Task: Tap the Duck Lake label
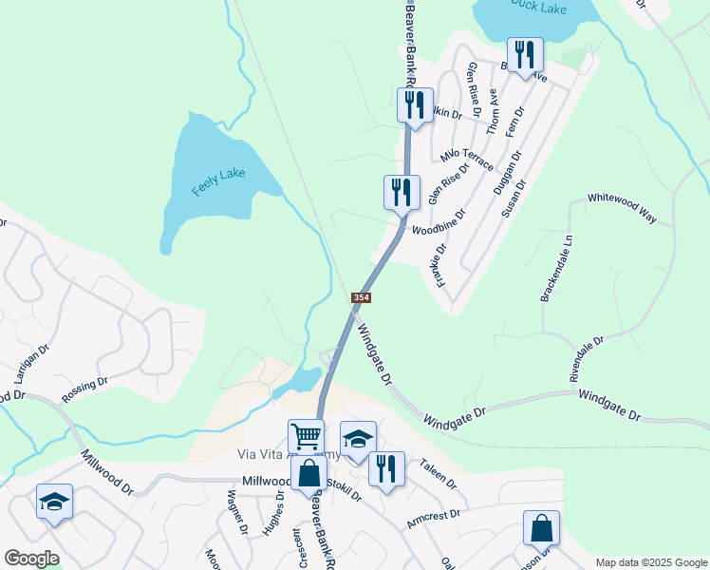point(535,7)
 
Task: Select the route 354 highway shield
point(361,297)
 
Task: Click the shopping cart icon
point(306,438)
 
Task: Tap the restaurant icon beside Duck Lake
point(524,54)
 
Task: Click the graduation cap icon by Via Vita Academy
point(357,439)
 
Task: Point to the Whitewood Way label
point(622,207)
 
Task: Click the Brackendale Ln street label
point(558,270)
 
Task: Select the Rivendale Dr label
point(587,359)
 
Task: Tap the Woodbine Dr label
point(439,222)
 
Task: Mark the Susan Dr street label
point(513,198)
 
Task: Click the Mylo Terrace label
point(466,158)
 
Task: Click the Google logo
point(31,559)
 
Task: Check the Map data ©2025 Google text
point(650,562)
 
